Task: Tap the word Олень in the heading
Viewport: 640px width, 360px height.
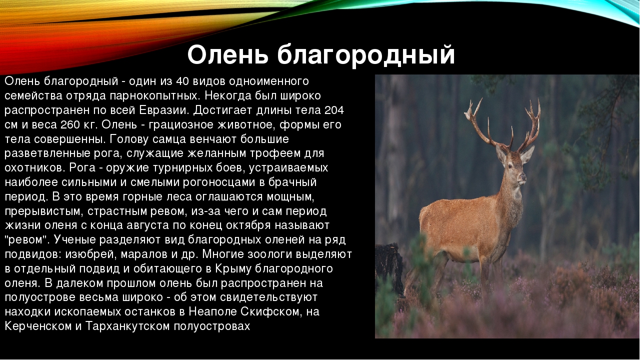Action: [227, 54]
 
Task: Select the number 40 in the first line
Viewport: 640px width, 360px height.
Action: [182, 81]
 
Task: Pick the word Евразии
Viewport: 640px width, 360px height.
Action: [164, 110]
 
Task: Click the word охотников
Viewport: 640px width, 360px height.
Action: [35, 167]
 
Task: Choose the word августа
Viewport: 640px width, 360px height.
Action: [147, 225]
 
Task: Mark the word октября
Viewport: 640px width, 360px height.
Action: [248, 225]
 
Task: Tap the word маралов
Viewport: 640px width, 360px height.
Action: [144, 254]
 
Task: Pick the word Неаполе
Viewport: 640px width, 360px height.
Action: [212, 311]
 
